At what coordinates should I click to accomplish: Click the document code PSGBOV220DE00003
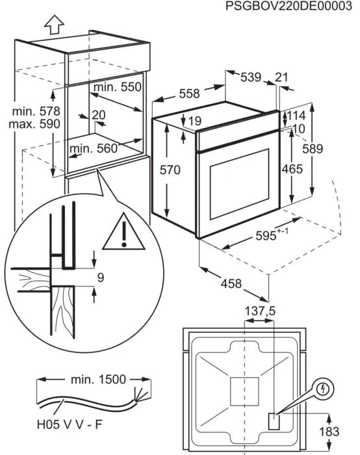(289, 6)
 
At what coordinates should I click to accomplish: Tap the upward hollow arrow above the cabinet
(54, 25)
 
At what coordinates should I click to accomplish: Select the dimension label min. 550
(118, 86)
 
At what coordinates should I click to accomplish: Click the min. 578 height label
(36, 111)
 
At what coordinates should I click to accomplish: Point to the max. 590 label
(34, 124)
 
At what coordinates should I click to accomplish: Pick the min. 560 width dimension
(94, 149)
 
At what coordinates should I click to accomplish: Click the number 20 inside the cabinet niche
(99, 115)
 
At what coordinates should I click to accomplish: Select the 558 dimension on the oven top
(190, 94)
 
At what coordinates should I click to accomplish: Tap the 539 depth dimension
(251, 77)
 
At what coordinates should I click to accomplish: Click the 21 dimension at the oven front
(281, 77)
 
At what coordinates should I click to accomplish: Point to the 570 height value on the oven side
(170, 170)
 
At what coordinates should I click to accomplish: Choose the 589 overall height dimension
(313, 149)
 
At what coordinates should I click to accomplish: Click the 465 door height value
(292, 169)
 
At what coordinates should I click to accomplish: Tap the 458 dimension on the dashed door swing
(231, 283)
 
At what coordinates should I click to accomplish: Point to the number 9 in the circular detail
(100, 278)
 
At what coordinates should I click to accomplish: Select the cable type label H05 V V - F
(70, 425)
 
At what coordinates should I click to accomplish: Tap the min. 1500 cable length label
(98, 379)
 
